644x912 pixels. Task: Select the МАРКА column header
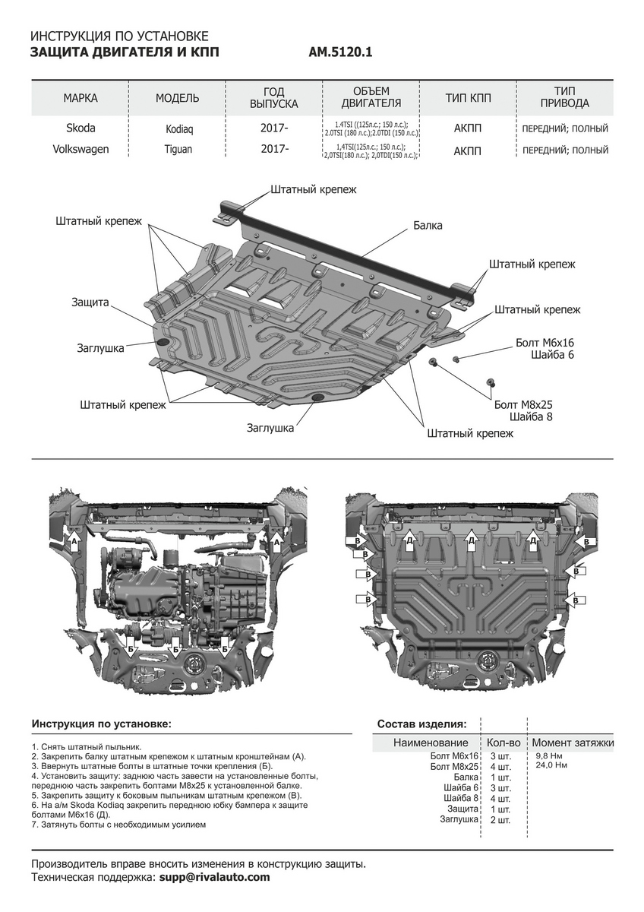point(80,99)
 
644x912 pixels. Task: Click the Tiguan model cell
point(179,150)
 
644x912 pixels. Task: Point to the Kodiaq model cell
point(179,129)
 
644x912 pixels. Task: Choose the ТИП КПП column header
point(468,99)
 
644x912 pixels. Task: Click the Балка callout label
point(428,226)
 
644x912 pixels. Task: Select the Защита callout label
point(90,302)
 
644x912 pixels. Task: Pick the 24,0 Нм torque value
point(551,765)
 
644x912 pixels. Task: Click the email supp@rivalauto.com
point(214,877)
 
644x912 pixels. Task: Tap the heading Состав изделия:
point(421,724)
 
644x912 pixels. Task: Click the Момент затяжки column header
point(573,743)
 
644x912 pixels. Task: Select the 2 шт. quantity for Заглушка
point(500,820)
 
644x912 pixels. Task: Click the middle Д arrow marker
point(472,540)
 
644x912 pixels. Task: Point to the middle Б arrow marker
point(176,650)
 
